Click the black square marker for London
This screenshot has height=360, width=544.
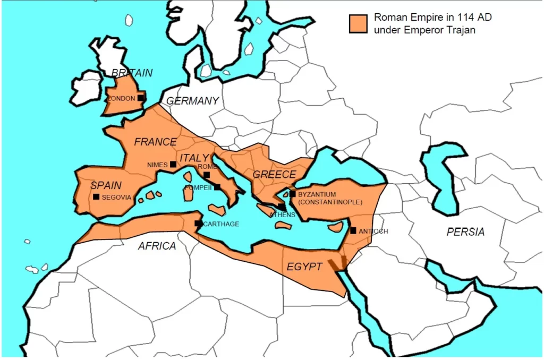point(141,98)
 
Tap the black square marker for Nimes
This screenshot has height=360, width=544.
point(173,165)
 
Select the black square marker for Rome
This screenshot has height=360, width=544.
point(207,175)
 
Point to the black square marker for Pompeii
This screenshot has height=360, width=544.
point(217,187)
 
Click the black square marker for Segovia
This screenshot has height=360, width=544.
point(96,197)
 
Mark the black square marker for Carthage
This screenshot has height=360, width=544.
point(198,224)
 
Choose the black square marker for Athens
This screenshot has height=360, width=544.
point(280,207)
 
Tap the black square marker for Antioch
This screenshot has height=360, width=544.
point(353,230)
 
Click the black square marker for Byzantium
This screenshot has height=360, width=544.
point(292,194)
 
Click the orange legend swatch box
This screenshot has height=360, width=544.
point(359,24)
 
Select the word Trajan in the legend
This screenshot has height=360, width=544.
point(461,30)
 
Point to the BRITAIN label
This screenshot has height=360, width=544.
point(132,73)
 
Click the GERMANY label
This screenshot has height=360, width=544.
point(192,101)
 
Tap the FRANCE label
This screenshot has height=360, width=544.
point(155,142)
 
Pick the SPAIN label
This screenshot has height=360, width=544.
point(106,185)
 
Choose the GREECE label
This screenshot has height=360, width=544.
point(274,174)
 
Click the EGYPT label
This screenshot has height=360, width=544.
point(304,267)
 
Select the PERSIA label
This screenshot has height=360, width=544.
point(465,232)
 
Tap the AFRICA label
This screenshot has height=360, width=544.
point(157,246)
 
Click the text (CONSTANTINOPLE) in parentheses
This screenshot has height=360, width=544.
point(330,202)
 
